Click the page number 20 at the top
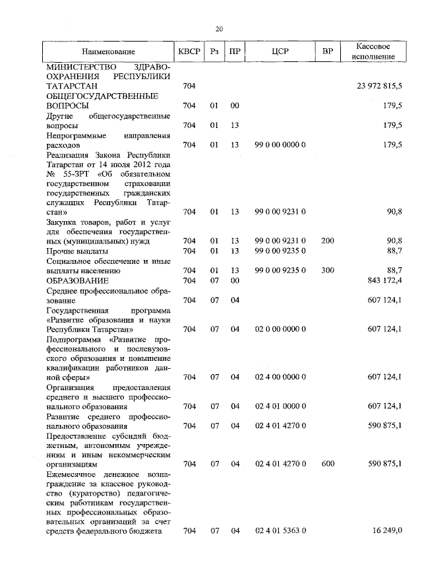point(220,28)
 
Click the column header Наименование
point(109,51)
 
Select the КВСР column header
point(189,51)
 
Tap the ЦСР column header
point(280,51)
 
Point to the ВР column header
point(328,51)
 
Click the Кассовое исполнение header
point(373,51)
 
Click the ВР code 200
point(328,241)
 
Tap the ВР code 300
point(328,271)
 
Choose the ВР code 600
point(328,464)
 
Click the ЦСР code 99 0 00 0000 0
point(280,144)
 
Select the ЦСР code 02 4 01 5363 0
point(280,531)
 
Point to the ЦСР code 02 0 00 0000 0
point(280,329)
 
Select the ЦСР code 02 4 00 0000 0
point(280,377)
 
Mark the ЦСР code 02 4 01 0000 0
point(280,406)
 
